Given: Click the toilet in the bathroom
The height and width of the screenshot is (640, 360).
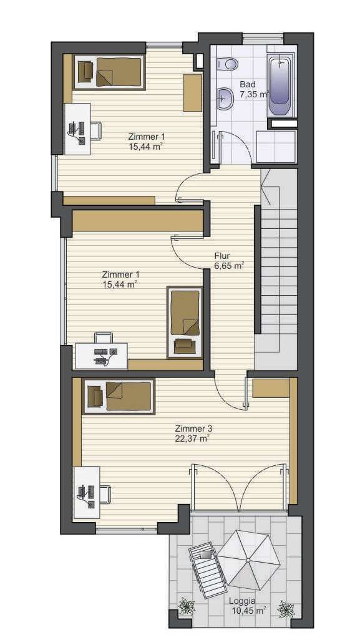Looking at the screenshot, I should (x=228, y=62).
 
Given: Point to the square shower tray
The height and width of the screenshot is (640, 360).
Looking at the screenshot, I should (x=275, y=147).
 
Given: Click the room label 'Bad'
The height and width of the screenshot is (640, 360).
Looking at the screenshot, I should (x=247, y=84).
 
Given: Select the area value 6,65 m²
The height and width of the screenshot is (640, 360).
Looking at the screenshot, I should (x=228, y=266).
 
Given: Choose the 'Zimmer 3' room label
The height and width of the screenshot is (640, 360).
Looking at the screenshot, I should (x=193, y=429).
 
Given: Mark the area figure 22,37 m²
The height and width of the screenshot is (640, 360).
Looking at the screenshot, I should (x=192, y=438).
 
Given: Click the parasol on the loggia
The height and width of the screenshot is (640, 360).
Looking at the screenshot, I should (x=248, y=559).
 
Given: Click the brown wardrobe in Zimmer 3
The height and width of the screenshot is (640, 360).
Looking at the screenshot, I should (x=271, y=387).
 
